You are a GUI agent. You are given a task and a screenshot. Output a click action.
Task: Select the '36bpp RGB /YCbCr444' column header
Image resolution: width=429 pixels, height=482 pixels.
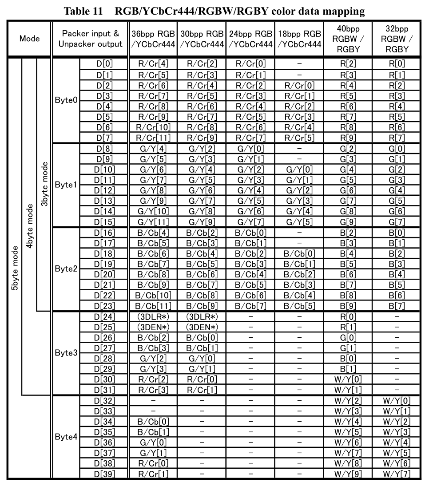152,38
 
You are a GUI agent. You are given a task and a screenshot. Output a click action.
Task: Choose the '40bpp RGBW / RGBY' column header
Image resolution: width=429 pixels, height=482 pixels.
347,38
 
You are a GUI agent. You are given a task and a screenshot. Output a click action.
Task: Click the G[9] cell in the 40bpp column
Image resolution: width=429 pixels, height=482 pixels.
347,222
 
